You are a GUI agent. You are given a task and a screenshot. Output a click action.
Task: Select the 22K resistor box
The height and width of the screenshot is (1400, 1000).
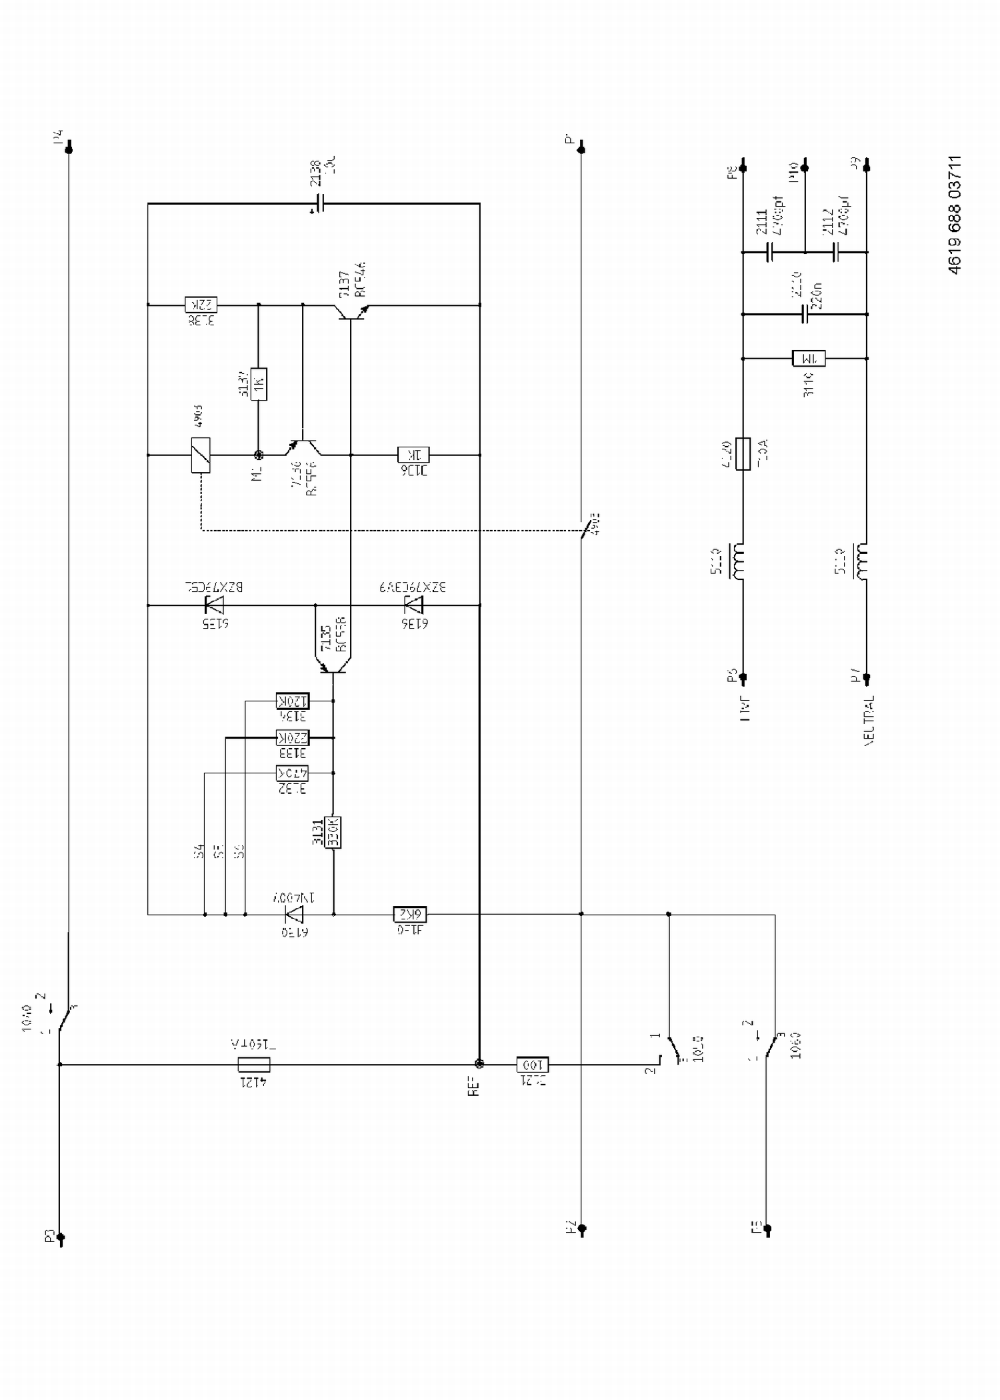[x=201, y=305]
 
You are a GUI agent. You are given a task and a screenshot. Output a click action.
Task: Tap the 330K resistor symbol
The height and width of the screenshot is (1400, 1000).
[x=333, y=832]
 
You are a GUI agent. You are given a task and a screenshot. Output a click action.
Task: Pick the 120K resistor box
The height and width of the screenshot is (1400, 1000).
[x=293, y=701]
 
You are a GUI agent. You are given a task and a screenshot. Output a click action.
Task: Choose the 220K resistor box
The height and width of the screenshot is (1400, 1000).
[x=293, y=738]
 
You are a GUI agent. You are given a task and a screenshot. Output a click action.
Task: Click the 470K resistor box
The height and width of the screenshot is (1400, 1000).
[x=293, y=773]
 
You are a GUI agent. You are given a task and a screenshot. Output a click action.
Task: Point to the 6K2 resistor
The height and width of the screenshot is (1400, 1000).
[x=409, y=914]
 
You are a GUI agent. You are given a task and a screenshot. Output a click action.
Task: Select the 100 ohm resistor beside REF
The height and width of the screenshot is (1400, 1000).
[x=532, y=1065]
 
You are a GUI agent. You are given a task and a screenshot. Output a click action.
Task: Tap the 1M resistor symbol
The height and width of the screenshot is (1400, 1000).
[x=809, y=359]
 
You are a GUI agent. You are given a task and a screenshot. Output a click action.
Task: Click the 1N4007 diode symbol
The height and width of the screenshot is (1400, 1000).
[x=294, y=914]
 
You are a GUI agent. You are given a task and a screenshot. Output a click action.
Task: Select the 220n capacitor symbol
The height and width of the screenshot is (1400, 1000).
[x=805, y=314]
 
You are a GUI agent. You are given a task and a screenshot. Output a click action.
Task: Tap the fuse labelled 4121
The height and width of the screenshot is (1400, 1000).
[x=254, y=1065]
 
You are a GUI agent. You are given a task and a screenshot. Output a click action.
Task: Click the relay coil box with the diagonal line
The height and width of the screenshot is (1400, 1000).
[x=201, y=455]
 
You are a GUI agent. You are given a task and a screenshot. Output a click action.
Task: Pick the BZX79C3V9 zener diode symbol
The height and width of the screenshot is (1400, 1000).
[x=414, y=605]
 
